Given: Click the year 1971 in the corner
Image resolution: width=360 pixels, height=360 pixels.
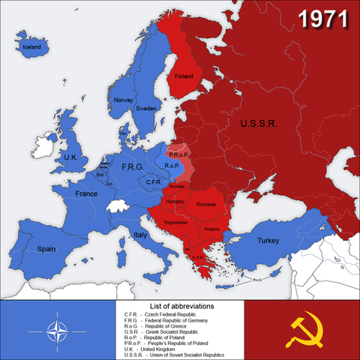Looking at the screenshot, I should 324,21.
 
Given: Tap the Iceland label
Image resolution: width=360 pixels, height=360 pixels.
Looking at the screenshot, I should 31,46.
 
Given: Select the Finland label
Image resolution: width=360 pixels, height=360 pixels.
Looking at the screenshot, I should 184,76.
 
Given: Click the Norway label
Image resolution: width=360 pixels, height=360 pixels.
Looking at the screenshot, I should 122,100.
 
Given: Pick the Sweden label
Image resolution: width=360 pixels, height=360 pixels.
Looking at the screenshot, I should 146,108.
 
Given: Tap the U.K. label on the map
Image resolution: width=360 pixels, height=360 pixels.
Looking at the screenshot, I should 70,157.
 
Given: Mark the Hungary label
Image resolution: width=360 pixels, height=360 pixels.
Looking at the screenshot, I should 175,201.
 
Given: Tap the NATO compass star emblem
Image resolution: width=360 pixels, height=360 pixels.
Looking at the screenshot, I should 60,330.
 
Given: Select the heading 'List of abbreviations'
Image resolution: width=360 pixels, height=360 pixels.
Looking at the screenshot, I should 182,307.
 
